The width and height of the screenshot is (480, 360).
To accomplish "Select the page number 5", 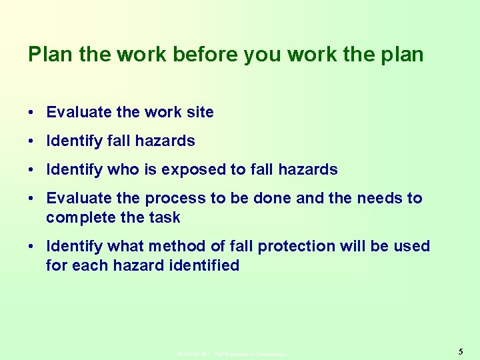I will click(461, 351).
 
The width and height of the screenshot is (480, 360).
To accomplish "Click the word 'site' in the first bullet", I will click(199, 113).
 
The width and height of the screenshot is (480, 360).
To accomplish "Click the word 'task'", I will click(165, 218).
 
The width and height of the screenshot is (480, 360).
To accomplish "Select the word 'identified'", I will click(207, 266).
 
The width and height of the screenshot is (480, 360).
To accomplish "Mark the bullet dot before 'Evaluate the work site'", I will click(32, 113).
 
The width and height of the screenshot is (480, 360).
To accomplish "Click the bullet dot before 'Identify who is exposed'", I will click(32, 170).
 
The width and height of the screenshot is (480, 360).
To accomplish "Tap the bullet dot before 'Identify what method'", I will click(32, 247).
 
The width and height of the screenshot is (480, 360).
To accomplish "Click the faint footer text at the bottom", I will click(231, 354).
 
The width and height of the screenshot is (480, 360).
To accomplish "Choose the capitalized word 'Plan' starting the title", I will click(51, 55).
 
